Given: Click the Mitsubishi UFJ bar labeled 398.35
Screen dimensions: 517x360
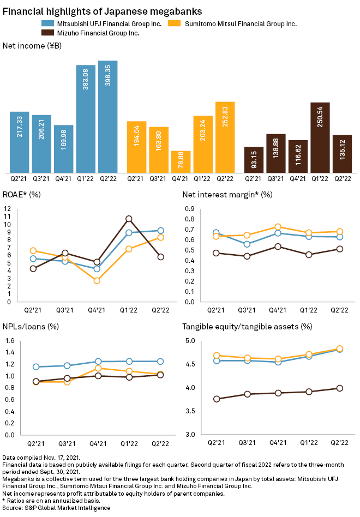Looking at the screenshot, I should tap(108, 117).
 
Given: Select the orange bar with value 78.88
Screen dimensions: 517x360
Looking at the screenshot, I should tap(181, 161).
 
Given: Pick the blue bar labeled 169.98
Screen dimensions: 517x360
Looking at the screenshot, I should tap(63, 148).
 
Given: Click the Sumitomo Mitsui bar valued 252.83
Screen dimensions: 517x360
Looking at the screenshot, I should tap(225, 137).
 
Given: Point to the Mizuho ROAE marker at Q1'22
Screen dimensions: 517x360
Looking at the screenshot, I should tap(129, 219).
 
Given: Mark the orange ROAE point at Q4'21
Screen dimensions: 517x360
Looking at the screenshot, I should tap(97, 281).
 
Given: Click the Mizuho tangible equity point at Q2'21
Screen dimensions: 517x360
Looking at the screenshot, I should tap(217, 399).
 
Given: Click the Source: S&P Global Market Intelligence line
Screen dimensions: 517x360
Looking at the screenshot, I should tap(56, 508).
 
